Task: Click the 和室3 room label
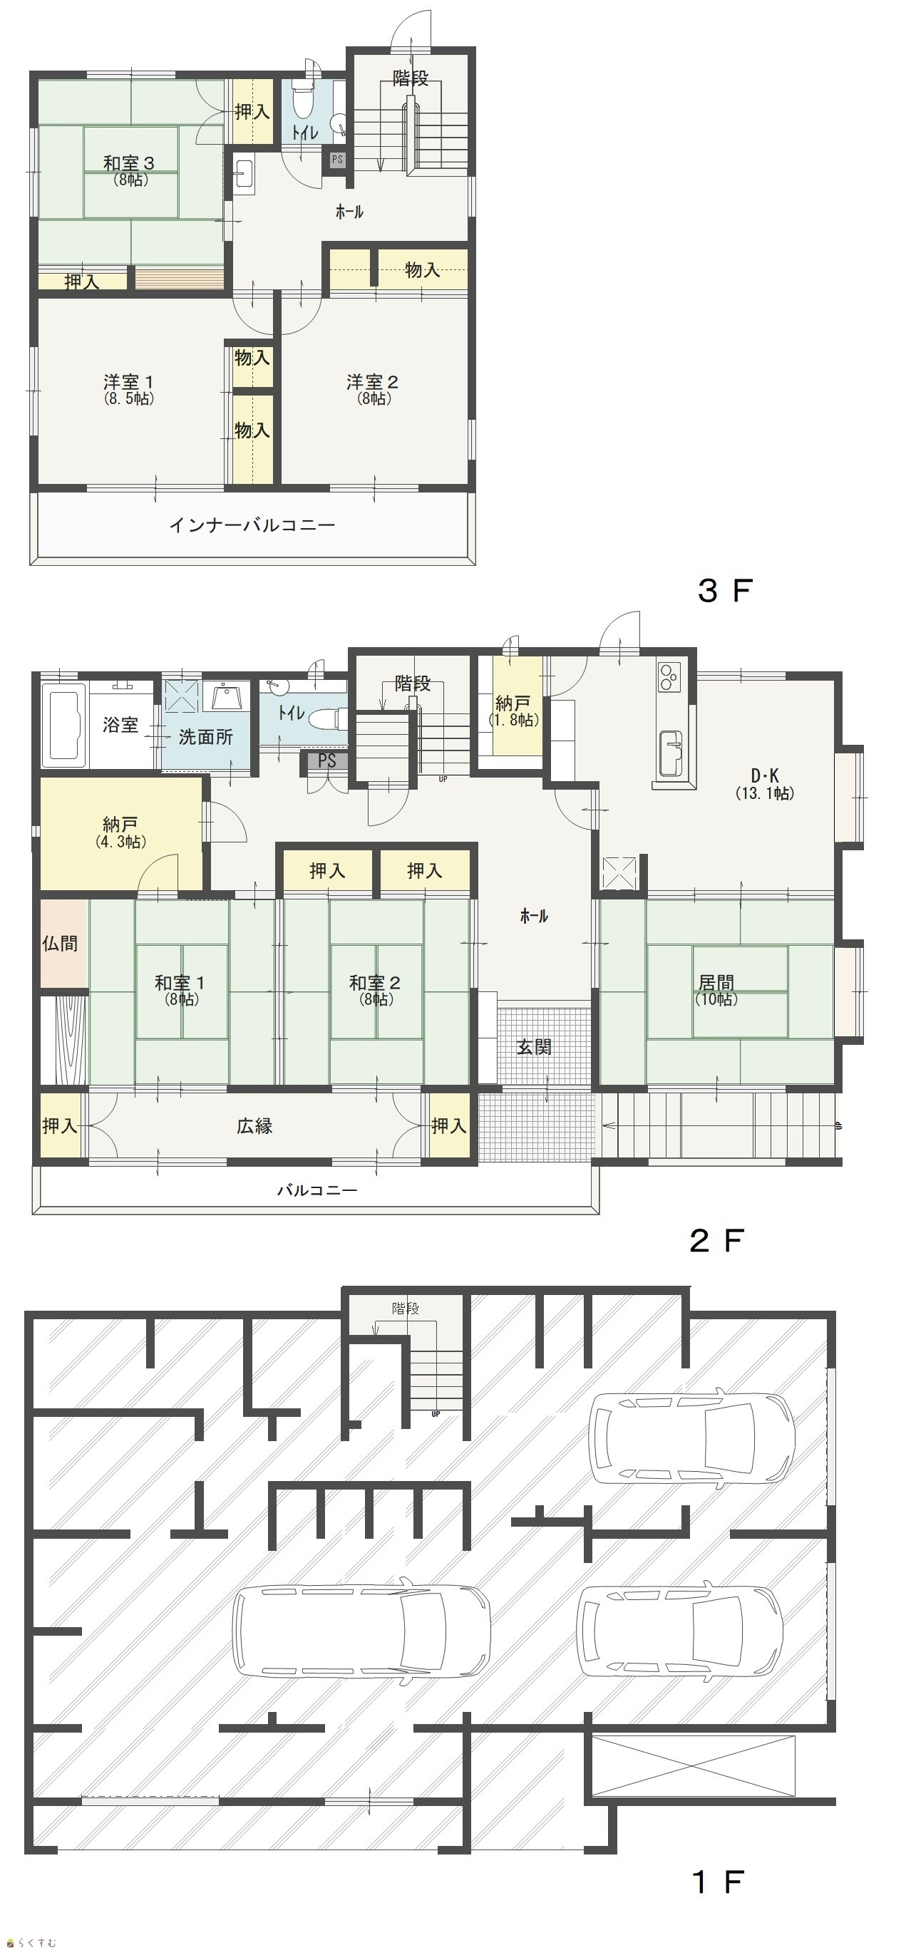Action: pos(129,162)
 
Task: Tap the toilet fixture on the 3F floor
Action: pos(304,99)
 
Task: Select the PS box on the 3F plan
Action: pos(337,160)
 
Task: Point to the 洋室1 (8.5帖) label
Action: pos(129,389)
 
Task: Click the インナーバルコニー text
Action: pos(252,525)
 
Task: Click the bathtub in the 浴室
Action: pos(63,722)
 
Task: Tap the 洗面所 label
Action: pos(205,737)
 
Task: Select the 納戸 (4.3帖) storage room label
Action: pos(121,831)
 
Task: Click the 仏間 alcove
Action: pos(60,943)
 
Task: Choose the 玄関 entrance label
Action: pos(534,1047)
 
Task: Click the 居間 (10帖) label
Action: pos(716,990)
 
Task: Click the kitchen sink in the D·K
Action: pos(671,753)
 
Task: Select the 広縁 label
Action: pos(254,1125)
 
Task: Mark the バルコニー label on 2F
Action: pos(316,1190)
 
